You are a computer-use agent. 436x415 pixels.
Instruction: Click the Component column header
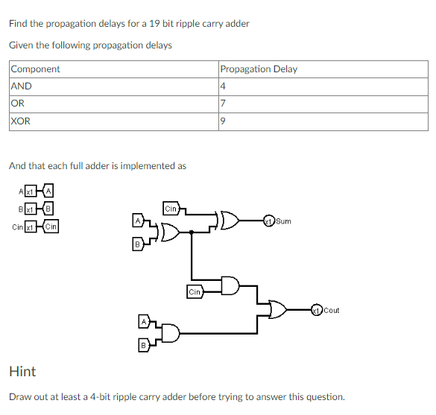point(35,69)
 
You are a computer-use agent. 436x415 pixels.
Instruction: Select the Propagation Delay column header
point(259,69)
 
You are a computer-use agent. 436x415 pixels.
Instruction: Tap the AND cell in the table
point(22,86)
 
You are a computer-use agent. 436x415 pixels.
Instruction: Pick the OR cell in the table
point(19,104)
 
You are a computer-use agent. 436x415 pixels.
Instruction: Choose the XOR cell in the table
point(21,121)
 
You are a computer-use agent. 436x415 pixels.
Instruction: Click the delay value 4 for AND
point(223,86)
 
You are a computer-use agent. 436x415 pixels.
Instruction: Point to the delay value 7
point(223,104)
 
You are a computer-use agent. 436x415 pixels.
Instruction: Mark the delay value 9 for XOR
point(223,121)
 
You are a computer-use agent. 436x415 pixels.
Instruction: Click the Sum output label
point(283,221)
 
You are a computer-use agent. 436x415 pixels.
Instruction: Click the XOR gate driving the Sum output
point(227,221)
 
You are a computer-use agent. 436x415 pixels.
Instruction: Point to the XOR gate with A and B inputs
point(166,232)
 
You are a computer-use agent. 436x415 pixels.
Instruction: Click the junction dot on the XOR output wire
point(193,232)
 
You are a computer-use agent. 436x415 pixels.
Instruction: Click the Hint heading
point(22,371)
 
